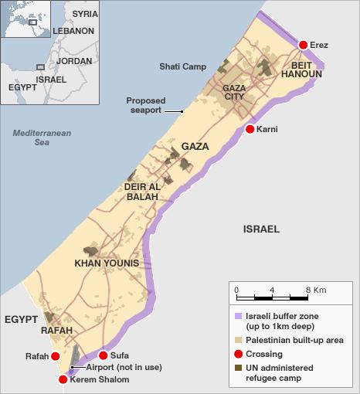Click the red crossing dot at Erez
pyautogui.click(x=303, y=46)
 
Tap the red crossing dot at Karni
pyautogui.click(x=250, y=129)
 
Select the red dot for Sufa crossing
pyautogui.click(x=104, y=355)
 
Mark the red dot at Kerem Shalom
pyautogui.click(x=63, y=380)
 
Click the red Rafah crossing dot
pyautogui.click(x=55, y=356)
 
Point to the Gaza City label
pyautogui.click(x=234, y=93)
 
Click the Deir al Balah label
pyautogui.click(x=141, y=192)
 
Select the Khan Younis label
pyautogui.click(x=106, y=263)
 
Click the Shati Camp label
pyautogui.click(x=182, y=66)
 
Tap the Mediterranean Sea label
pyautogui.click(x=42, y=138)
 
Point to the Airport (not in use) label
pyautogui.click(x=114, y=369)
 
